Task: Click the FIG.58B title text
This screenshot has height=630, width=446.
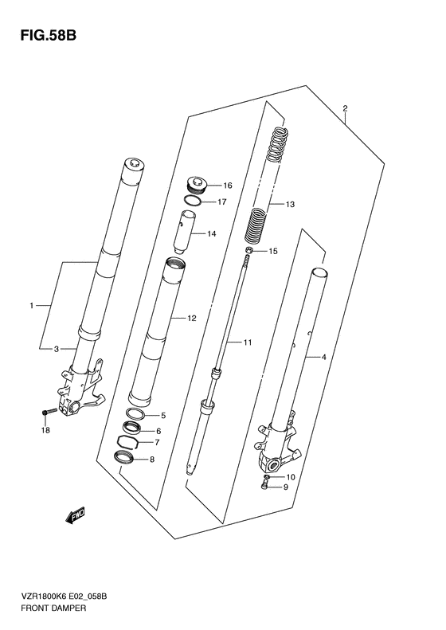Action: coord(49,36)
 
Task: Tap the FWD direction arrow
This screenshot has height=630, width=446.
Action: coord(76,515)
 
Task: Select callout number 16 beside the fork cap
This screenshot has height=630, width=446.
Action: coord(228,186)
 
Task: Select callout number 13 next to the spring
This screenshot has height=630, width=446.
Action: coord(290,205)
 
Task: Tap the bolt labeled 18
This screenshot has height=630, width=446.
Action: coord(48,412)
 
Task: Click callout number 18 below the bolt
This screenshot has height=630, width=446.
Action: coord(45,431)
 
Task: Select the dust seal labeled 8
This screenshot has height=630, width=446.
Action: coord(125,457)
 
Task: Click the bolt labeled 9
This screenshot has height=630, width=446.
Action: coord(264,486)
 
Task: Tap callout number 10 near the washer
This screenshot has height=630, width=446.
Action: coord(290,477)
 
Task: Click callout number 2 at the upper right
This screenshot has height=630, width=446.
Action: coord(345,108)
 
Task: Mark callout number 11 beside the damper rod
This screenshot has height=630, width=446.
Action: coord(248,342)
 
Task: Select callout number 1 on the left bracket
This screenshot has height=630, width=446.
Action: coord(31,306)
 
